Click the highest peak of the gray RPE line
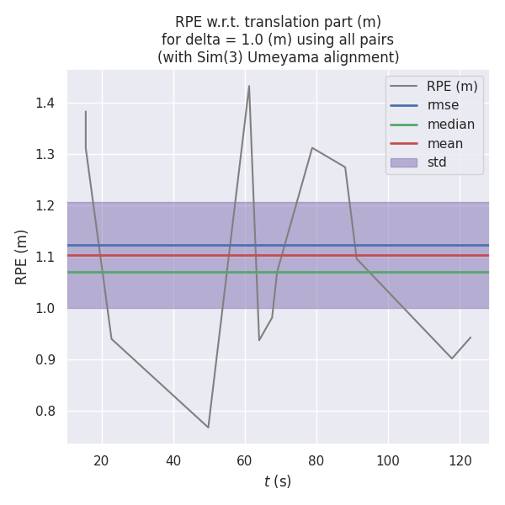[x=249, y=86]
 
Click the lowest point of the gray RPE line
[x=209, y=428]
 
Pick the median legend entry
[x=450, y=125]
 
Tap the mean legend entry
[x=444, y=143]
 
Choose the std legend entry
[x=437, y=162]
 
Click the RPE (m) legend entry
[x=452, y=86]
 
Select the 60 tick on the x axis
[x=245, y=460]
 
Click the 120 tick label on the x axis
[x=460, y=460]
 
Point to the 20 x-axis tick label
[x=102, y=460]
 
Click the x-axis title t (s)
[x=278, y=481]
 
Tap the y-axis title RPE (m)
[x=22, y=256]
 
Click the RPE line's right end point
[x=470, y=338]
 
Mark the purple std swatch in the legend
[x=403, y=162]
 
